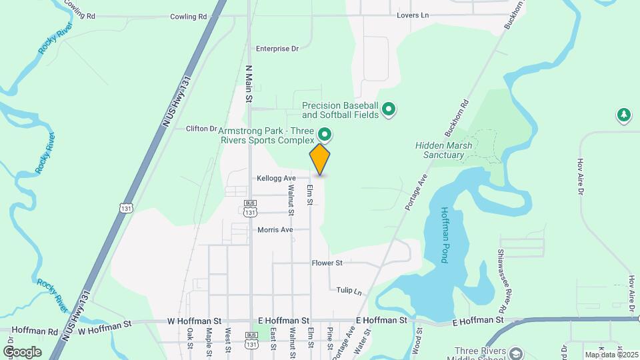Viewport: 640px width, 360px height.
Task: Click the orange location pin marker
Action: (x=320, y=159)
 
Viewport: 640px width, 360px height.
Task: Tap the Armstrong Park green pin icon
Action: (x=325, y=134)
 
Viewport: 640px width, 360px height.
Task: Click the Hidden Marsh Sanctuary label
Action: (x=439, y=150)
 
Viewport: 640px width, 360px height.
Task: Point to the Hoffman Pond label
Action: (x=445, y=234)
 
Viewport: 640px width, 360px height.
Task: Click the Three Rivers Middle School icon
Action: (x=514, y=352)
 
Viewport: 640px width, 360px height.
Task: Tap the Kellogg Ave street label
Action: (x=276, y=179)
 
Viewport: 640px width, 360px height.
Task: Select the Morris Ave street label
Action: (x=275, y=230)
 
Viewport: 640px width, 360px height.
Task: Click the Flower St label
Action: (x=327, y=263)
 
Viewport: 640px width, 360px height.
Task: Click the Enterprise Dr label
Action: (x=277, y=49)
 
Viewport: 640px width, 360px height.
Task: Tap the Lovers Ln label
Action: (x=411, y=15)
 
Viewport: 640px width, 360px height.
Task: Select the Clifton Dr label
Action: (x=201, y=129)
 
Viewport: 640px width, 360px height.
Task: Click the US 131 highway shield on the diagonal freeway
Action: (x=125, y=207)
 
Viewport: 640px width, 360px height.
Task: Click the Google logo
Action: (x=22, y=352)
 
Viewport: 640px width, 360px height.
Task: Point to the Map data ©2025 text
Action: (x=611, y=355)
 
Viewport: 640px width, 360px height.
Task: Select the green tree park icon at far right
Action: (x=623, y=115)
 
